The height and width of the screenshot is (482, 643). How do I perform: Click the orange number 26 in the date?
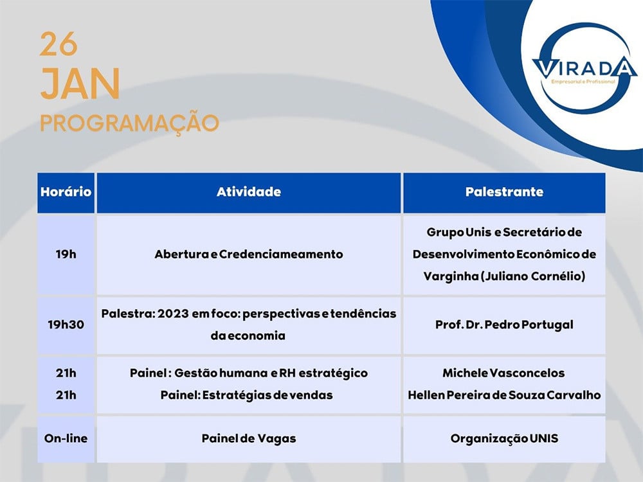point(59,44)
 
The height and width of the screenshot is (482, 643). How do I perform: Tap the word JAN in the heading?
point(80,84)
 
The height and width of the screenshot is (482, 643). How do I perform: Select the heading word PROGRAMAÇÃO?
point(130,123)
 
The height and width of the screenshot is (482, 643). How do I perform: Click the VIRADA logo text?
point(584,67)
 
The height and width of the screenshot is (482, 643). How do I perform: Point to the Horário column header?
point(66,192)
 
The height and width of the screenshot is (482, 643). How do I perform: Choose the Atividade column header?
point(248,192)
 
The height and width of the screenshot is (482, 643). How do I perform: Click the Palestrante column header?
point(504,192)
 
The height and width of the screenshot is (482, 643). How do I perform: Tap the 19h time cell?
point(66,254)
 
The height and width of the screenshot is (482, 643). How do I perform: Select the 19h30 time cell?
point(66,325)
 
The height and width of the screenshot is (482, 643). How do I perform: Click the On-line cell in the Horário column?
point(66,438)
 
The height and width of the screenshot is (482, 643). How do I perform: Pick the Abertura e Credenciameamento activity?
point(248,254)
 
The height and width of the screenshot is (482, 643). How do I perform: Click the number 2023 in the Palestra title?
point(173,314)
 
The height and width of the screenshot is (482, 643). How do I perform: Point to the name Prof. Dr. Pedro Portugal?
point(504,325)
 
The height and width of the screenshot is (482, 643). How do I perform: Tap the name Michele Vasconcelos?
point(503,373)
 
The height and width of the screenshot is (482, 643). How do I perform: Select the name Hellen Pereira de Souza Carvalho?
point(504,395)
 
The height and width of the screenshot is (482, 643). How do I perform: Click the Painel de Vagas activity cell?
point(248,438)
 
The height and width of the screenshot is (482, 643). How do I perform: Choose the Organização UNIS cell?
point(504,438)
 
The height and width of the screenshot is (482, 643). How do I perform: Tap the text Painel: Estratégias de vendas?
point(246,395)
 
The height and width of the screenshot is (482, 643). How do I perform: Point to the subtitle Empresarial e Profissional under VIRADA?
point(583,82)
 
